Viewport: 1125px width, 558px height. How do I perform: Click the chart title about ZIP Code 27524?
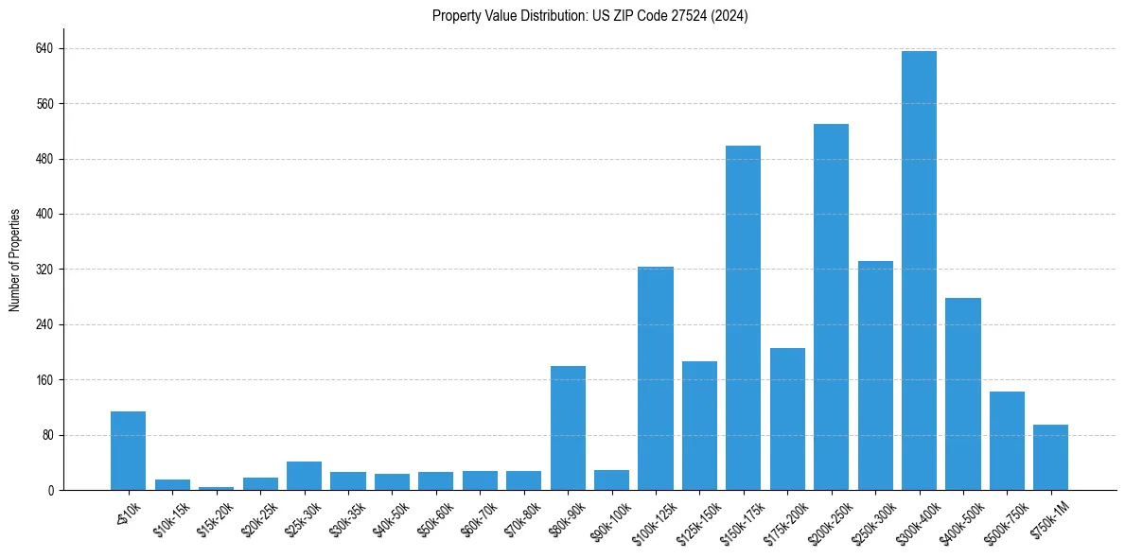(589, 16)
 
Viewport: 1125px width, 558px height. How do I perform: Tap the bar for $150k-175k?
(743, 318)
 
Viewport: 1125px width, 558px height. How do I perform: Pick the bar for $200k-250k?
(831, 307)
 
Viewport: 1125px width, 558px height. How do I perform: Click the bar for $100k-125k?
(656, 378)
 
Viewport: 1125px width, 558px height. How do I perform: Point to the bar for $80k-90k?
(568, 427)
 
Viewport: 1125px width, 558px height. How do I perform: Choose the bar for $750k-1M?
(1050, 458)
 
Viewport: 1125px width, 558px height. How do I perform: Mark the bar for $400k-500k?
(963, 393)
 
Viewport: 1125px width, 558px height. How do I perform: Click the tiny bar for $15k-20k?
(216, 488)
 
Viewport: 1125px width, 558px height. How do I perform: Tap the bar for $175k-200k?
(787, 419)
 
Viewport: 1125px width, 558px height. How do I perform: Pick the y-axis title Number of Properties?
(15, 260)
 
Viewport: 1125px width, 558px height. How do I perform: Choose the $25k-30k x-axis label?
(303, 521)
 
